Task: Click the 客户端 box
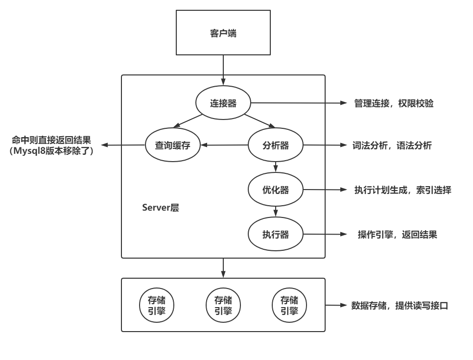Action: coord(223,34)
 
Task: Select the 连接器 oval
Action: coord(223,103)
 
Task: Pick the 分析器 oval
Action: coord(276,145)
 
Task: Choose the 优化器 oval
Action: coord(276,190)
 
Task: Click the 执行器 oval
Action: coord(276,235)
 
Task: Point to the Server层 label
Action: coord(160,208)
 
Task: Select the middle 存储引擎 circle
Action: coord(223,305)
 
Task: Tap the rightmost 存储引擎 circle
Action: coord(289,305)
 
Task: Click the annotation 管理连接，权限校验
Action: coord(394,104)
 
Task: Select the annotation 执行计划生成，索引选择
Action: coord(402,191)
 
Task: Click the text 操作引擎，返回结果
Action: coord(397,235)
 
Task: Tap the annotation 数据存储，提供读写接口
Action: coord(400,306)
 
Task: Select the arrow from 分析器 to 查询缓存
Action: coord(225,145)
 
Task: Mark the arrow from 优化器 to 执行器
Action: coord(276,211)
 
